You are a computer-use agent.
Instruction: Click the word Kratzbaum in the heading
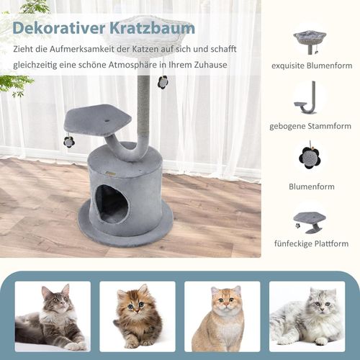click(x=153, y=28)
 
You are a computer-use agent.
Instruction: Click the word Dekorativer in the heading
click(x=59, y=28)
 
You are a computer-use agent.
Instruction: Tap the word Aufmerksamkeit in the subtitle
click(x=83, y=49)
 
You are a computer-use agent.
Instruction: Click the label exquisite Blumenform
click(x=312, y=66)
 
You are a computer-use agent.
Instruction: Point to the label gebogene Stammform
click(x=310, y=126)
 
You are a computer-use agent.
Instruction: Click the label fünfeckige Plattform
click(x=311, y=243)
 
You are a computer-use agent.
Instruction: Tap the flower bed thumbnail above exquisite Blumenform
click(x=310, y=42)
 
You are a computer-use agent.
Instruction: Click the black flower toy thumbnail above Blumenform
click(x=310, y=157)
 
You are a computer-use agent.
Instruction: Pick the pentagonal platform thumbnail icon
click(x=310, y=222)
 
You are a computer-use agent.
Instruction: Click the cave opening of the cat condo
click(x=112, y=204)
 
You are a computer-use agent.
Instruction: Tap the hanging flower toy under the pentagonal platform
click(x=69, y=143)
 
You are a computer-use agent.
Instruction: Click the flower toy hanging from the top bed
click(x=163, y=83)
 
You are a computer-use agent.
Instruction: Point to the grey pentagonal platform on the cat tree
click(x=97, y=120)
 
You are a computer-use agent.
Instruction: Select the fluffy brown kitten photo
click(x=138, y=317)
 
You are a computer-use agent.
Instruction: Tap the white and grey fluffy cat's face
click(x=322, y=305)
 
